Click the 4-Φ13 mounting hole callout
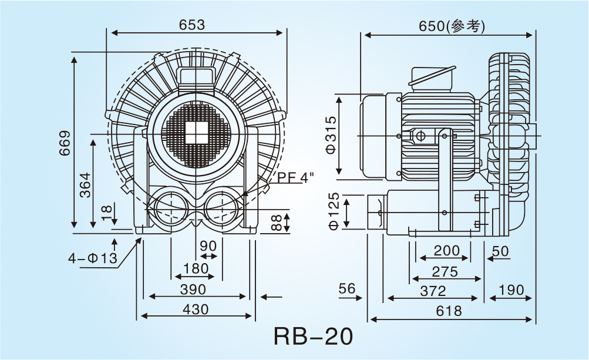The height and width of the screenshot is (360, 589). pyautogui.click(x=93, y=258)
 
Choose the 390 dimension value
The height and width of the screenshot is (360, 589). pyautogui.click(x=193, y=290)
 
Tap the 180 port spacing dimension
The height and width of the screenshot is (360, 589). pyautogui.click(x=196, y=269)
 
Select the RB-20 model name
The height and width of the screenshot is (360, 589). pyautogui.click(x=313, y=337)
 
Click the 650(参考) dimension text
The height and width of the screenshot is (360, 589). pyautogui.click(x=452, y=26)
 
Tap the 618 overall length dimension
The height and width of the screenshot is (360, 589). pyautogui.click(x=450, y=311)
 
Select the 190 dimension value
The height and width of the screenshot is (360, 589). pyautogui.click(x=511, y=291)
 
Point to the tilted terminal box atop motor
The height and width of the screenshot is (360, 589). pyautogui.click(x=432, y=76)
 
